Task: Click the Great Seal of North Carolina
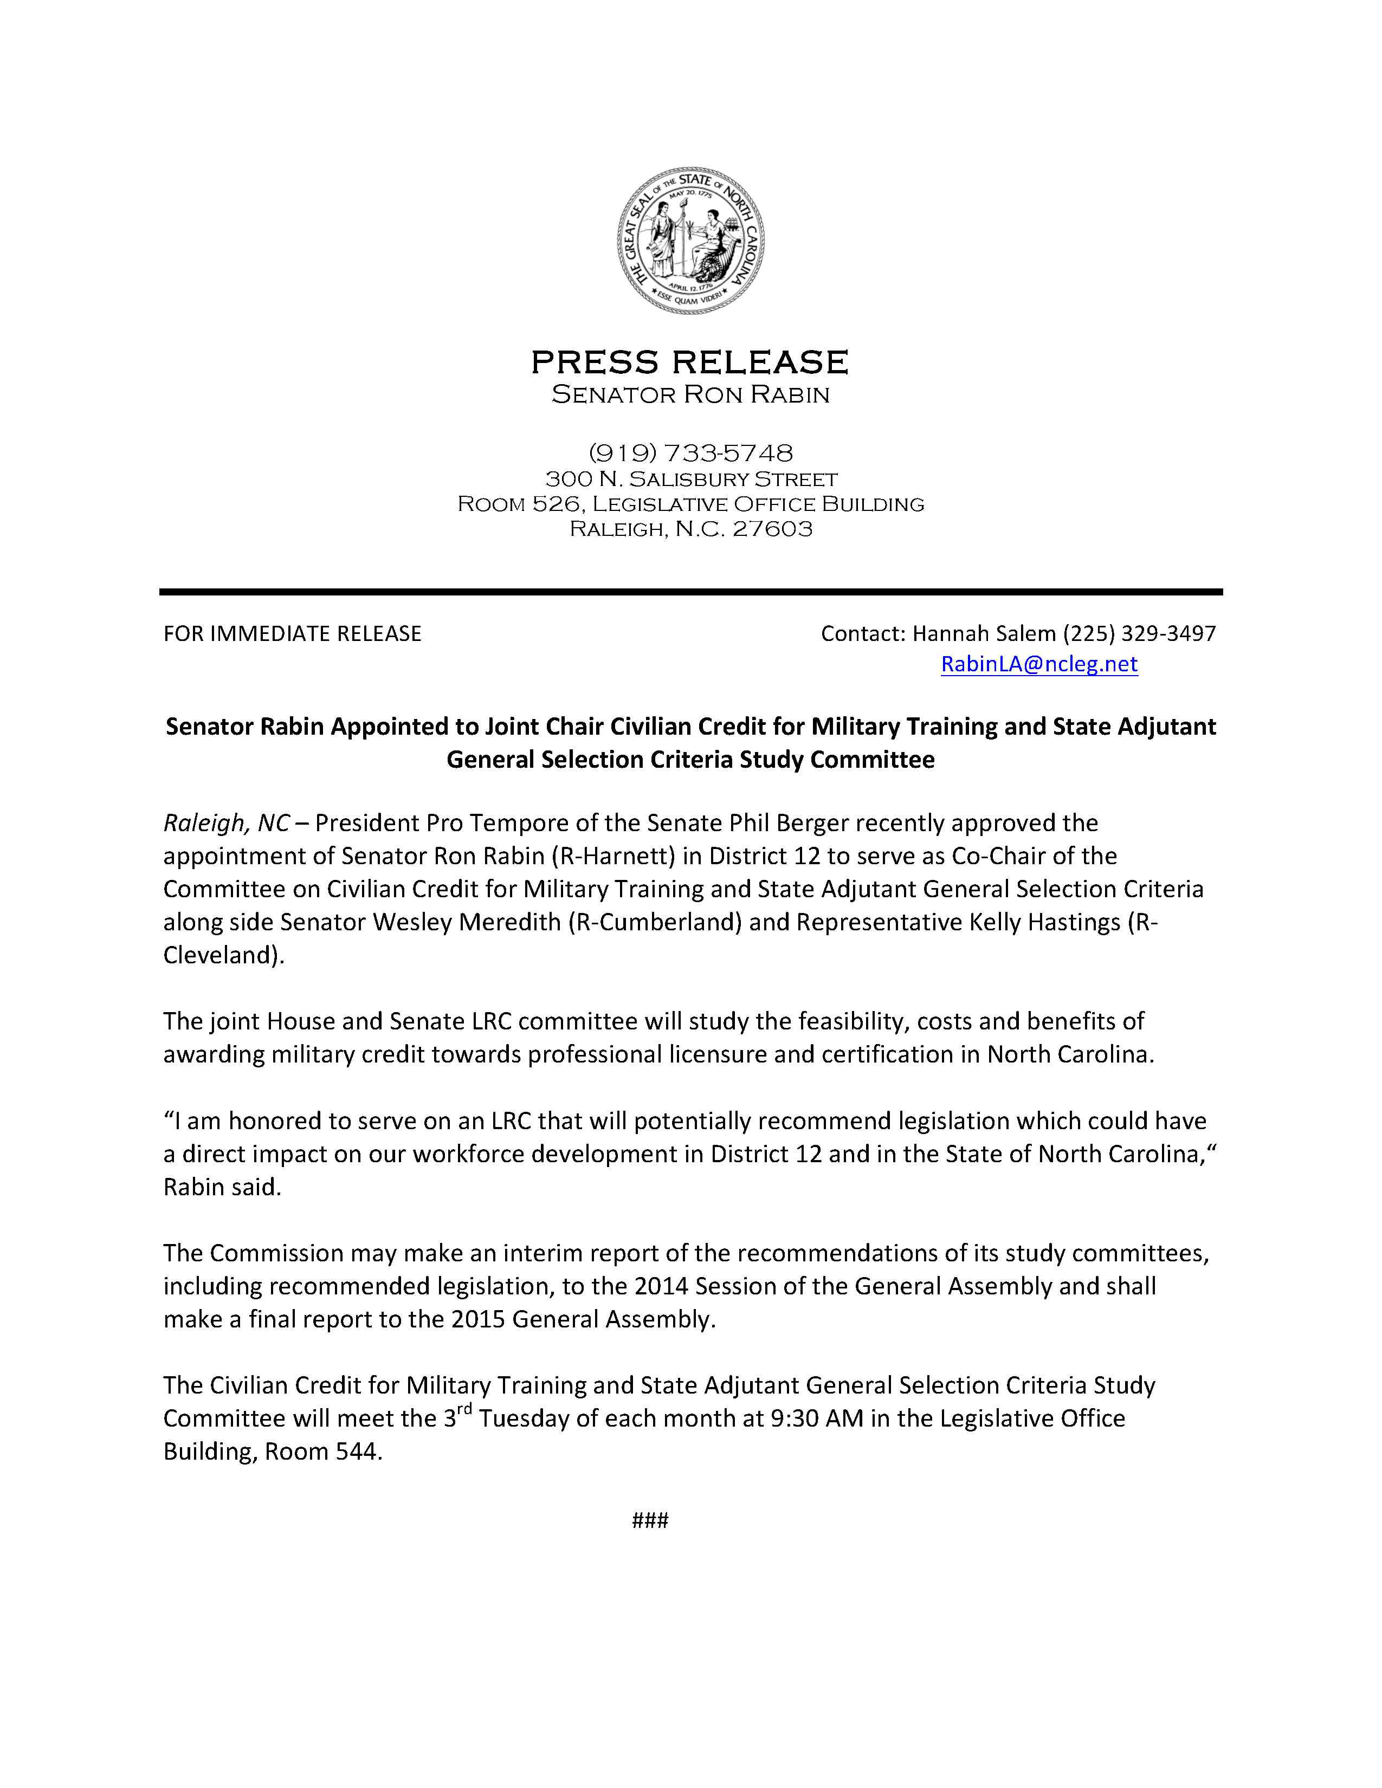pyautogui.click(x=690, y=240)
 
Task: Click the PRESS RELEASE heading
pyautogui.click(x=690, y=362)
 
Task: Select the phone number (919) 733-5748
pyautogui.click(x=690, y=453)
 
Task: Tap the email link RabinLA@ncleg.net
pyautogui.click(x=1039, y=664)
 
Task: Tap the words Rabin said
pyautogui.click(x=222, y=1187)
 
